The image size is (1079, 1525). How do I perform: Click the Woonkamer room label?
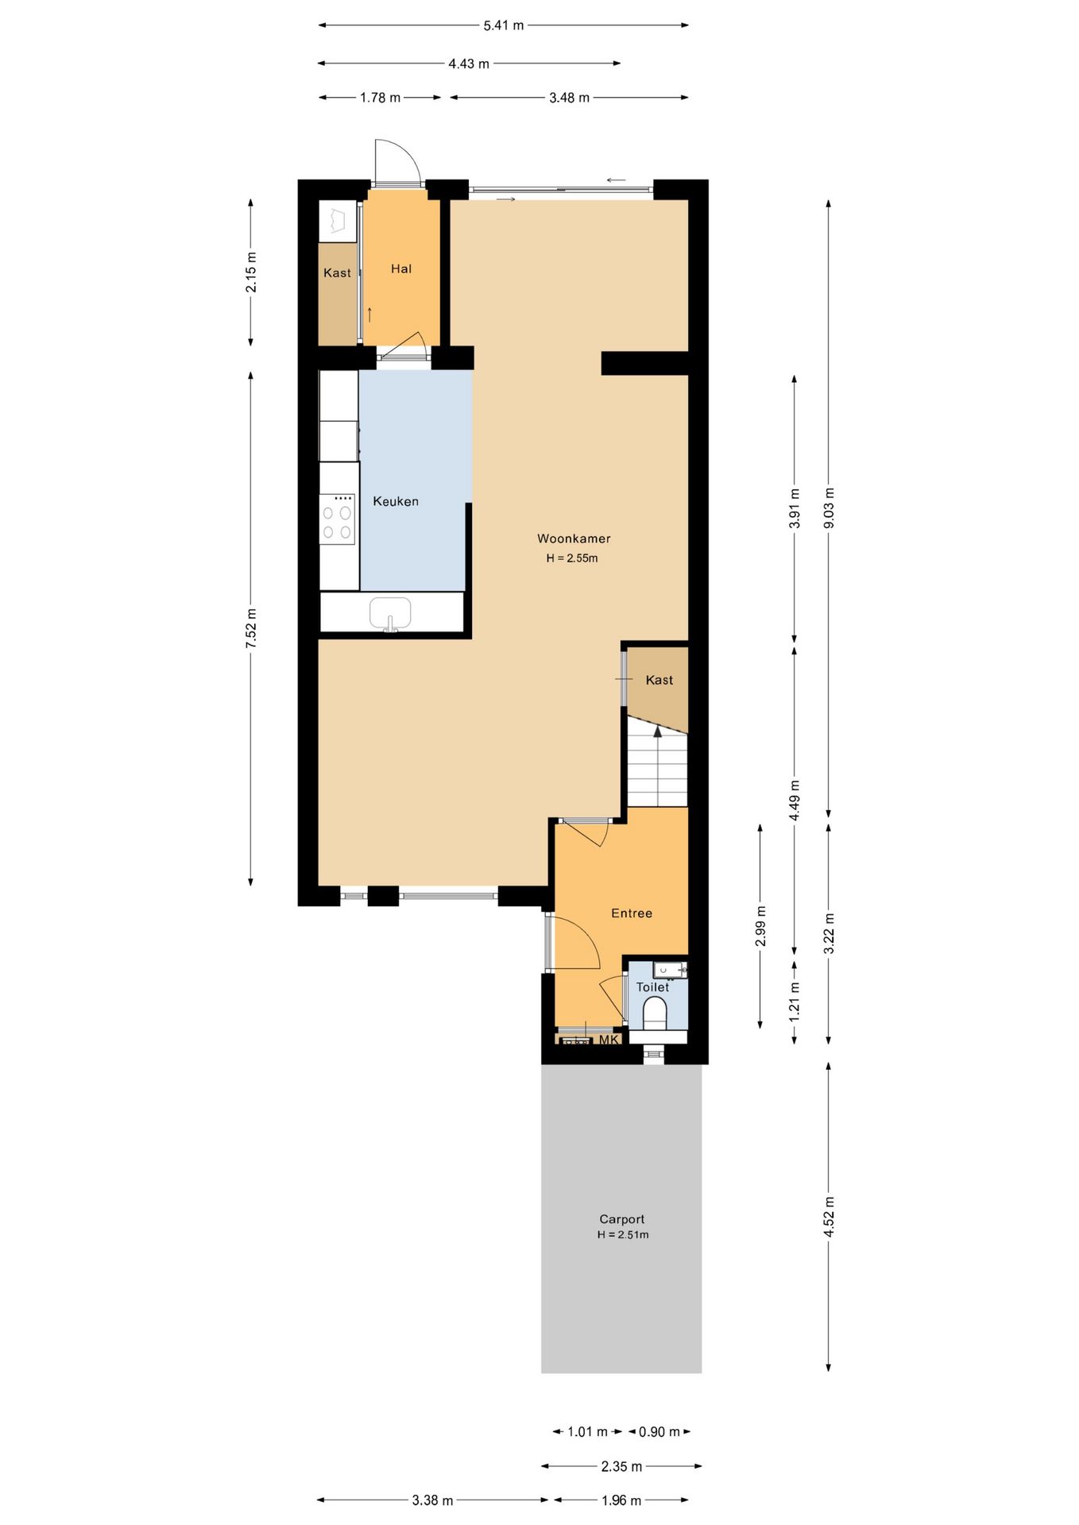click(574, 539)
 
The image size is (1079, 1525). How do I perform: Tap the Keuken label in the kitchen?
click(396, 501)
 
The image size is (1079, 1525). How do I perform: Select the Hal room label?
click(401, 269)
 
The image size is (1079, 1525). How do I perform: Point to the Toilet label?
click(652, 987)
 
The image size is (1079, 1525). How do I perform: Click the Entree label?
click(632, 913)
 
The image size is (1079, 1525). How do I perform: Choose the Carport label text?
click(622, 1219)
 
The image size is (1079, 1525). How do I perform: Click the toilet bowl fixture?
click(655, 1013)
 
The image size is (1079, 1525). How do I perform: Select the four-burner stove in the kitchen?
click(337, 519)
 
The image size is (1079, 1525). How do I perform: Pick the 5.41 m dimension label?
click(504, 25)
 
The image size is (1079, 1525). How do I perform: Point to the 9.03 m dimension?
click(829, 508)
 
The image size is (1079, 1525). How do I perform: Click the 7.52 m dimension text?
click(251, 627)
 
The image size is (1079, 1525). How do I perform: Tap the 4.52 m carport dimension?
click(829, 1217)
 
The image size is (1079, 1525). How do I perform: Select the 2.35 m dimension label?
click(621, 1466)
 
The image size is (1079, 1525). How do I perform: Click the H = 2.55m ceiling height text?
click(572, 558)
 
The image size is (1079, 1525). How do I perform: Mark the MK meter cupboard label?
click(609, 1040)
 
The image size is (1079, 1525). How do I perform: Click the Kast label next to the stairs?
click(659, 680)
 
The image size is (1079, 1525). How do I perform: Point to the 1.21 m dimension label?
click(795, 1001)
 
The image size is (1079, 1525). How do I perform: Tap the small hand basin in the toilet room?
click(670, 970)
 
